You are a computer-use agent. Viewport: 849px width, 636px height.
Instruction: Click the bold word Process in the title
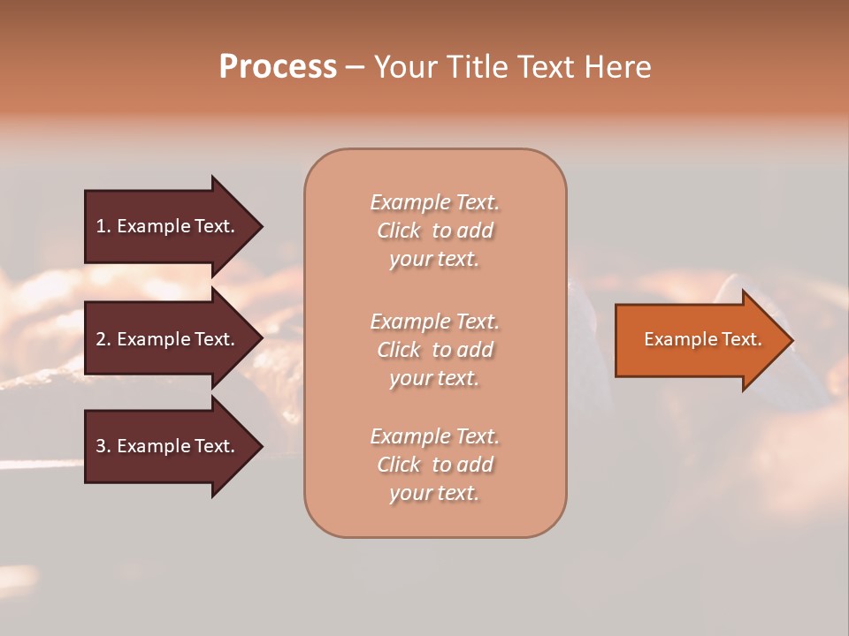[278, 67]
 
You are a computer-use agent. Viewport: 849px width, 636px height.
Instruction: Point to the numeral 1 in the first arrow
[101, 226]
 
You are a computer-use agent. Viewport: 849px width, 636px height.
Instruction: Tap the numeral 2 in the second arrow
[101, 339]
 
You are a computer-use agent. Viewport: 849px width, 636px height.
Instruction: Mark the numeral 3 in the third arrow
[101, 446]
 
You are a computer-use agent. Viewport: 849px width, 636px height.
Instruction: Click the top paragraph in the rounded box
[434, 231]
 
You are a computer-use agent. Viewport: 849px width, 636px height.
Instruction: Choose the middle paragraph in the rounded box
[434, 350]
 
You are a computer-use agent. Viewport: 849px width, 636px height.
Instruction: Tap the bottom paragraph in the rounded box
[434, 465]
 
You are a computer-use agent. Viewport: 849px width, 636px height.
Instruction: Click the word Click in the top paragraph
[399, 231]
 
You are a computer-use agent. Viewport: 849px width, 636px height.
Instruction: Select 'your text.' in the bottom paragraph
[434, 493]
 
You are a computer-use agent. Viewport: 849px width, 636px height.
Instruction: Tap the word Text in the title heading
[543, 67]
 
